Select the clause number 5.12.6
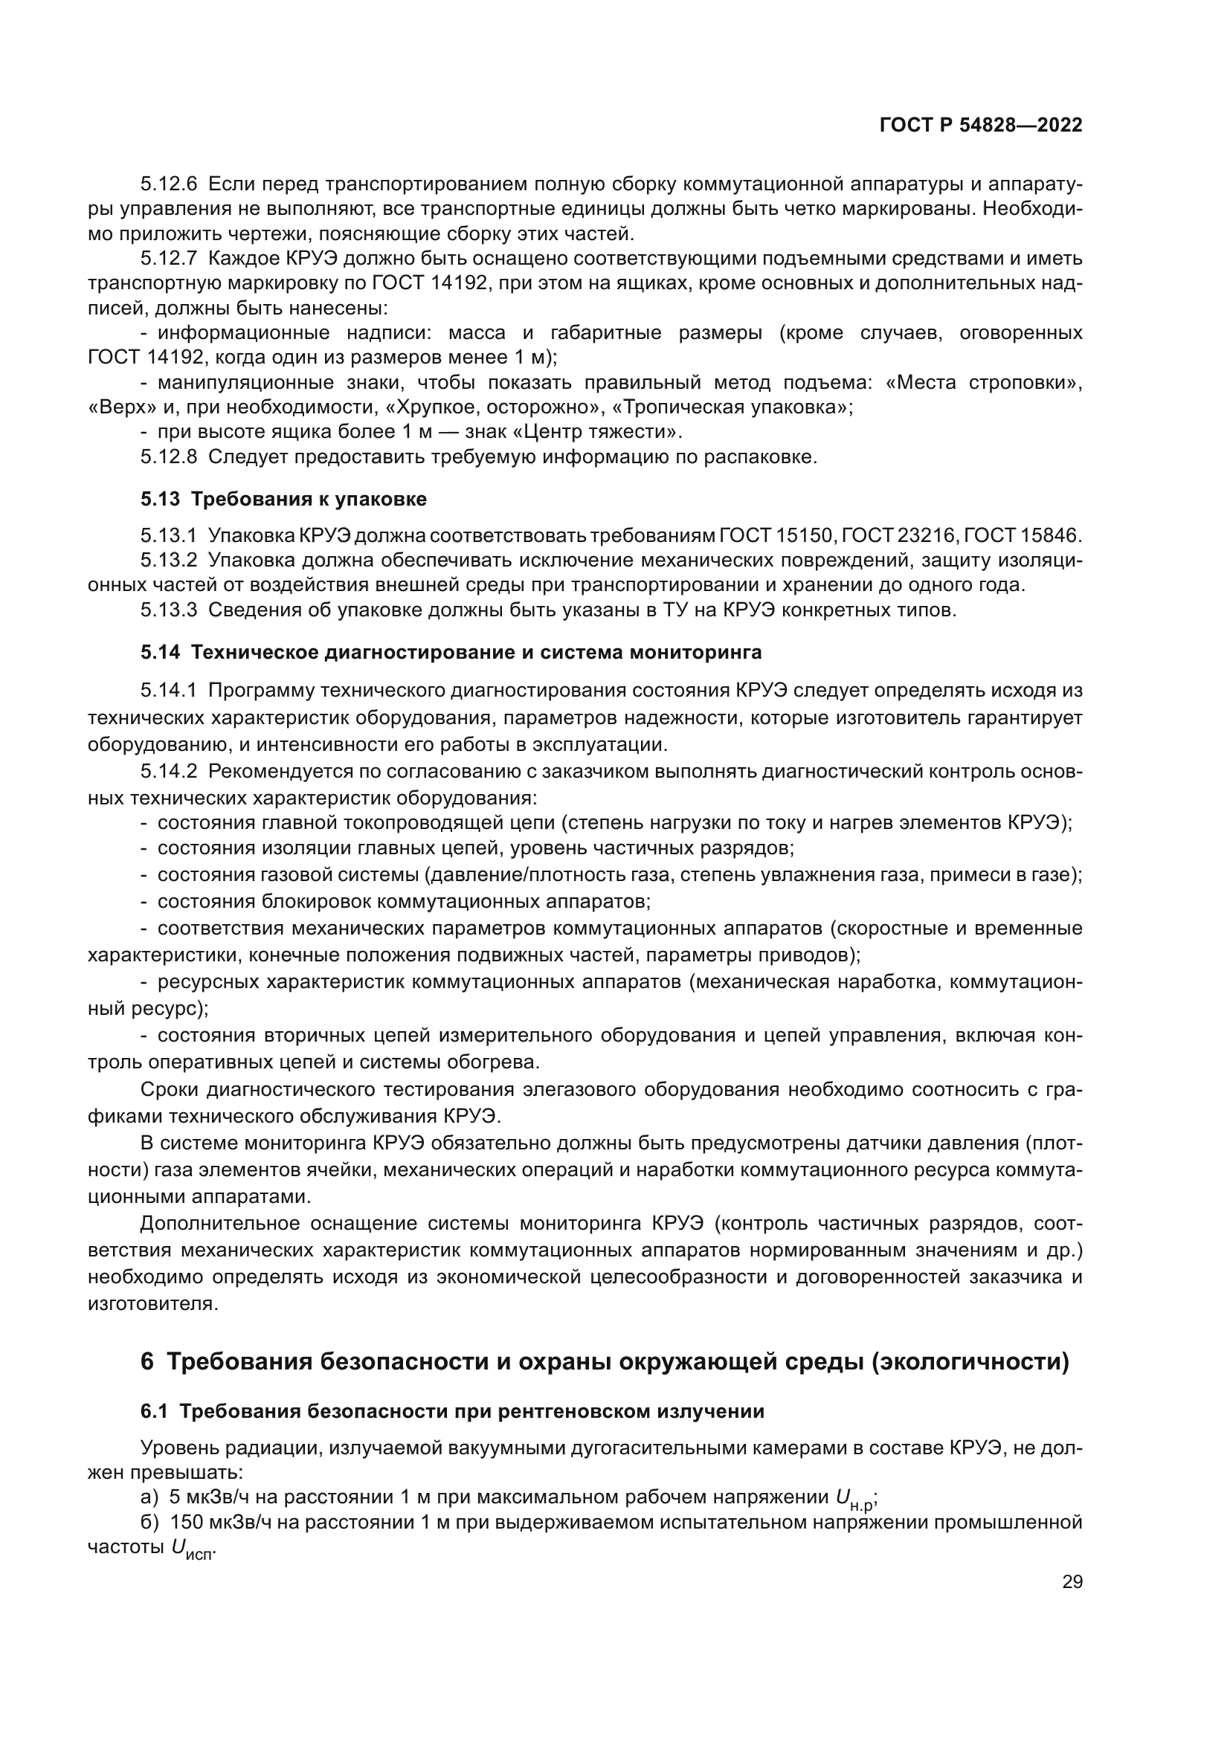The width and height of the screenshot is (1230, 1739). tap(168, 184)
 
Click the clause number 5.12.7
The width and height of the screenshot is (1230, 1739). tap(168, 258)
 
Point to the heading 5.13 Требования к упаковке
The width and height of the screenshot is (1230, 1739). tap(283, 499)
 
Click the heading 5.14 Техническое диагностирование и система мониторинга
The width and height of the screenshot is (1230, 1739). tap(451, 652)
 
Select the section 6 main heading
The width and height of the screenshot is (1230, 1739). tap(605, 1362)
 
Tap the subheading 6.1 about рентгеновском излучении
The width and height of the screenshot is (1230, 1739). tap(452, 1412)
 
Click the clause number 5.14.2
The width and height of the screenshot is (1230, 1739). tap(168, 772)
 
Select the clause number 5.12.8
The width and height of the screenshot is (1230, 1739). tap(168, 457)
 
